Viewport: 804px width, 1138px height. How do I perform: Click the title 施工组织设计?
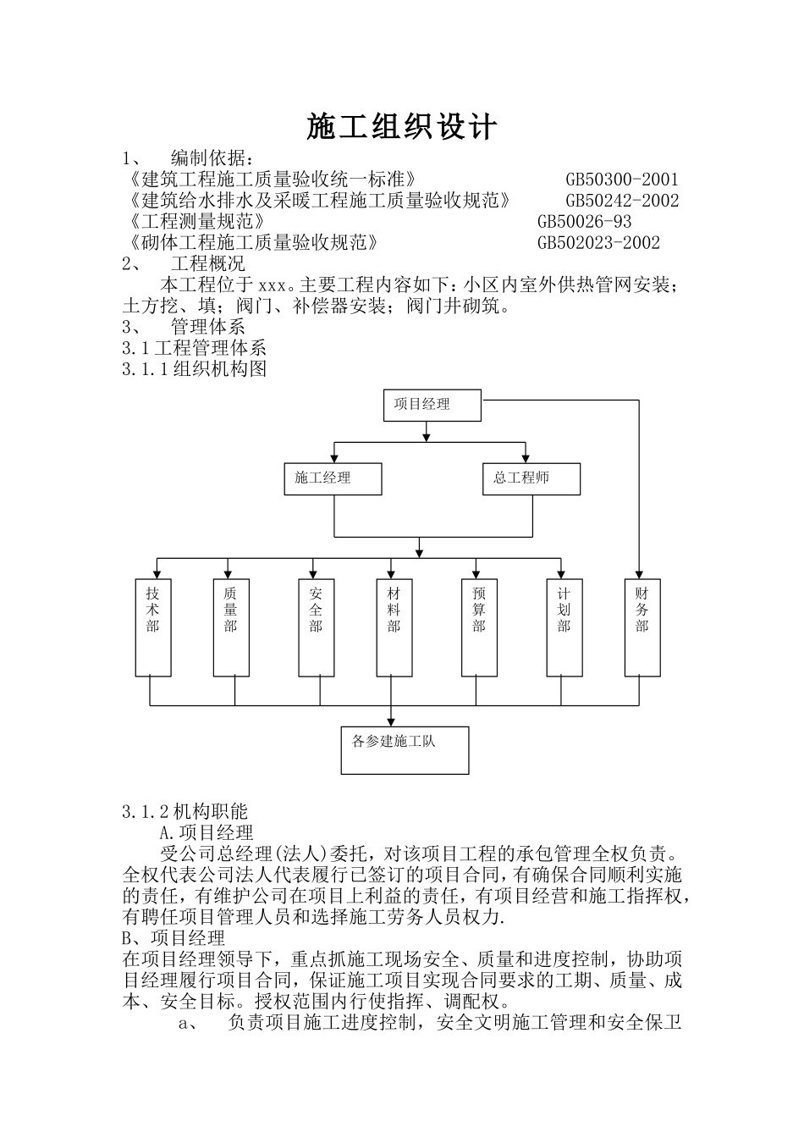tap(401, 128)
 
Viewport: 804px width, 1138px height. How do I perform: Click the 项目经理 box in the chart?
tap(432, 406)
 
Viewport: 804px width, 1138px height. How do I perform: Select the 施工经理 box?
tap(333, 479)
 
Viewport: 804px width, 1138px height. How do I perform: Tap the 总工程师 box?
tap(531, 479)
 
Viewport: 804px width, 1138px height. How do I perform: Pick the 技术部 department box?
tap(153, 627)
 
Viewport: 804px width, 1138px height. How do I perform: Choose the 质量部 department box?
tap(231, 627)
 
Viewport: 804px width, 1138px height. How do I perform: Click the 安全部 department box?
tap(316, 627)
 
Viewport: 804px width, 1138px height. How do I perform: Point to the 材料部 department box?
tap(394, 627)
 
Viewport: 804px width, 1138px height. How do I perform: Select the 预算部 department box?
tap(479, 627)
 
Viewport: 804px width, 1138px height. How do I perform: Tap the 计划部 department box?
tap(564, 627)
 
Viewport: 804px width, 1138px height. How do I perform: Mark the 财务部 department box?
tap(642, 627)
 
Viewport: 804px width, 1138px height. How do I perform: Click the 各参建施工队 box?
tap(405, 750)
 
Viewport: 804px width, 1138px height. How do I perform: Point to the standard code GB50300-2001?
tap(621, 180)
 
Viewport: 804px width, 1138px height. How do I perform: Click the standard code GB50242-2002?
tap(621, 201)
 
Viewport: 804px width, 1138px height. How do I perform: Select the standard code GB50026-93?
tap(584, 222)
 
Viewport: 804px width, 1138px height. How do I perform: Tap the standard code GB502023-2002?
tap(598, 243)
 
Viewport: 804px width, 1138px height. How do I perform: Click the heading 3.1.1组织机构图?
tap(195, 369)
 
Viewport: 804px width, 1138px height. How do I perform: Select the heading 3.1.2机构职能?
tap(184, 812)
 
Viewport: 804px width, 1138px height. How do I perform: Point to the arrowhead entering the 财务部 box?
tap(639, 573)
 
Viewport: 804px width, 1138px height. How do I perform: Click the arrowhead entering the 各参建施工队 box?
tap(390, 721)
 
